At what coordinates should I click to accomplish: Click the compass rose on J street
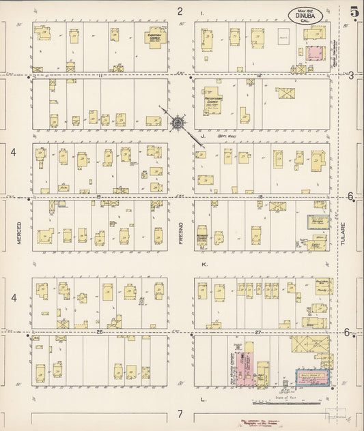point(177,123)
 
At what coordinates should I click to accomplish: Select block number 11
point(100,74)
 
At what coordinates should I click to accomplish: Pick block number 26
point(100,332)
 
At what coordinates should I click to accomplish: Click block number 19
point(100,196)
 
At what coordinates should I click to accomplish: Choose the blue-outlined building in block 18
point(316,222)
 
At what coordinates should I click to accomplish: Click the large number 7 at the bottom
point(181,414)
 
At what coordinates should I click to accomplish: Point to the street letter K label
point(203,263)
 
